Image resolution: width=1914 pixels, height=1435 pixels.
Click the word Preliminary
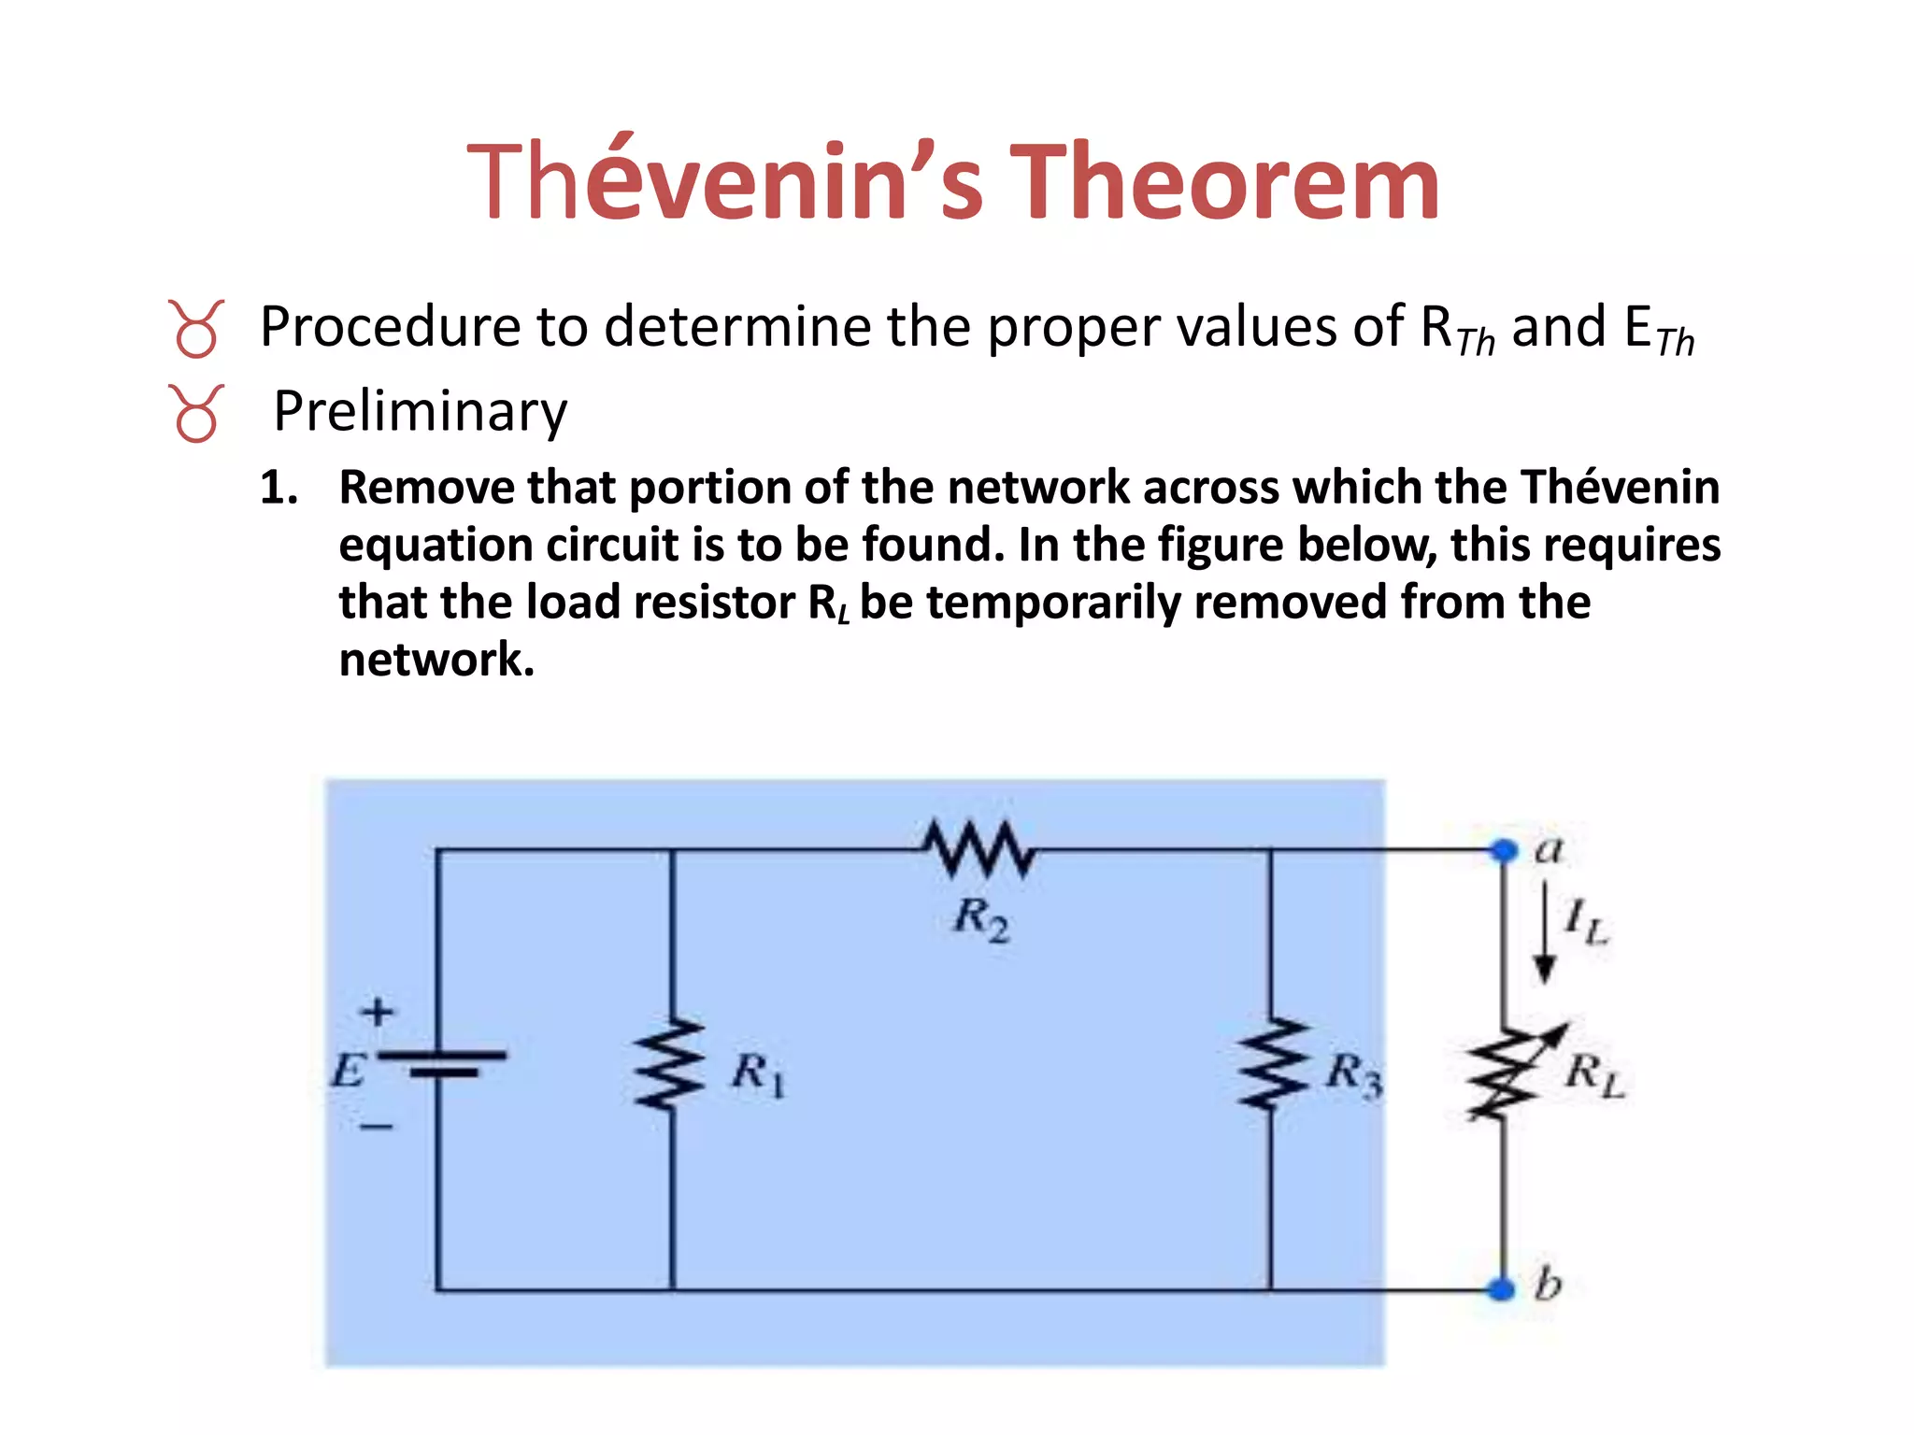(x=420, y=411)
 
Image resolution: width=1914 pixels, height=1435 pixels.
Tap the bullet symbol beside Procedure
(x=196, y=329)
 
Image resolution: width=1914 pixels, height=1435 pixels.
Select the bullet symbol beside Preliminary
(x=196, y=413)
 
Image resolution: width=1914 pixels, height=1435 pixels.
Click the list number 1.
(x=278, y=488)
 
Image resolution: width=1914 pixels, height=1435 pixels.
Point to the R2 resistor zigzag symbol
(x=979, y=848)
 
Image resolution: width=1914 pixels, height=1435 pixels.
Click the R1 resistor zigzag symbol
(x=671, y=1065)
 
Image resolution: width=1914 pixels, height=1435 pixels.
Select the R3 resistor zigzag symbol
(x=1270, y=1065)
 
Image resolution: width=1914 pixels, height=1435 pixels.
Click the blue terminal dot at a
(x=1504, y=851)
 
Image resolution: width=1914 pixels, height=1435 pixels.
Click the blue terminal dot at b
(x=1502, y=1290)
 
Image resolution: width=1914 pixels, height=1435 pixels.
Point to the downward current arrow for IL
(x=1545, y=934)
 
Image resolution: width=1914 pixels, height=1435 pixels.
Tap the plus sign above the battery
(x=378, y=1012)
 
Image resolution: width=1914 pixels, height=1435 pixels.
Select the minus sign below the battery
(x=377, y=1127)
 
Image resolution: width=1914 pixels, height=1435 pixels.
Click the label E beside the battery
(x=348, y=1069)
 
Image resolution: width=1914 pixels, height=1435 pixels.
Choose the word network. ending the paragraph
(x=436, y=660)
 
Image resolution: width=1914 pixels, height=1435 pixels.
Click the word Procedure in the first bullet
(x=389, y=327)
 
